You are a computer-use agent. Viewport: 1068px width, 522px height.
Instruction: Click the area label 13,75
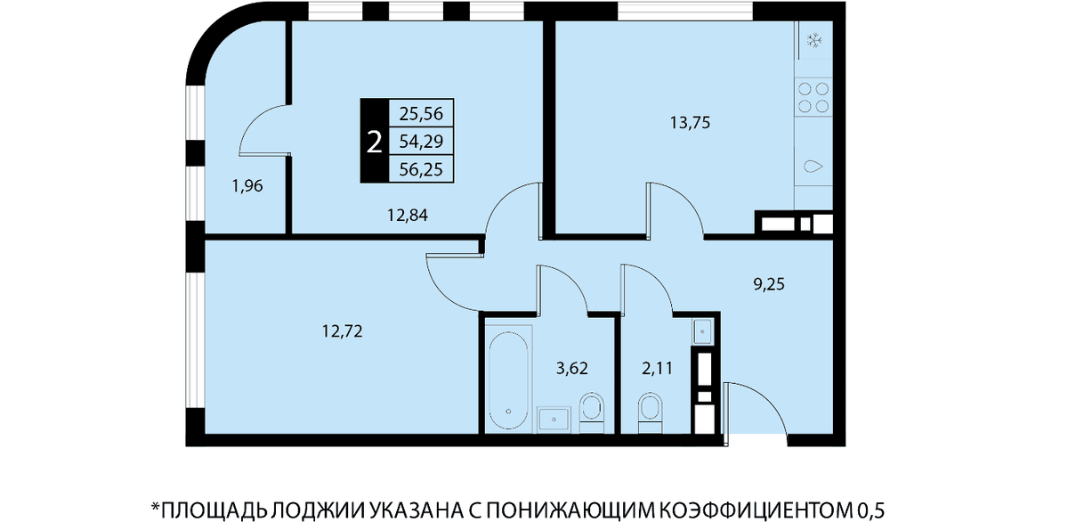690,123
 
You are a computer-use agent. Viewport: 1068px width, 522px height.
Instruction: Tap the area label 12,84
408,216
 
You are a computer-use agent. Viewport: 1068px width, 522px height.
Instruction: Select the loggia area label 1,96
247,185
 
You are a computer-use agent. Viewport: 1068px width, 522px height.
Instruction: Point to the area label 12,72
343,330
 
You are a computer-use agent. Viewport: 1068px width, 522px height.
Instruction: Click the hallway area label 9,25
769,284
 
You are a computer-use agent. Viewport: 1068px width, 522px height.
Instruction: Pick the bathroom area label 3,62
572,368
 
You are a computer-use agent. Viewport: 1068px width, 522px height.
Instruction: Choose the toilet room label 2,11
657,368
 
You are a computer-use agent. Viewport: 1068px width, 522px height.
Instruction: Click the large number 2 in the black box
375,143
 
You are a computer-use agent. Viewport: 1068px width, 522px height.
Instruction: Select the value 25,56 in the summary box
421,113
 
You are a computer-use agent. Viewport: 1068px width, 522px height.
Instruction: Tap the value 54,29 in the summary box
421,142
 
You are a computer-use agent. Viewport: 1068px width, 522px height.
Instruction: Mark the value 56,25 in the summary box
421,169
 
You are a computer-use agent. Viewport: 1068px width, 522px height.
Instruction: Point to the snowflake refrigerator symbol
813,40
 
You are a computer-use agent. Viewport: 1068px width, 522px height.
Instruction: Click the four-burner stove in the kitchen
813,97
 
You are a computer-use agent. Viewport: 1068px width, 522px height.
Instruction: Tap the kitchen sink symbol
813,167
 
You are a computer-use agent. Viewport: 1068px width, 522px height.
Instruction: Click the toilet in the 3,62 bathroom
591,413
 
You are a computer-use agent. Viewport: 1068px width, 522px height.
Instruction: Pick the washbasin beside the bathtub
554,420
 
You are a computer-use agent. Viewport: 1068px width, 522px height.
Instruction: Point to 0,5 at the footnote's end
871,510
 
